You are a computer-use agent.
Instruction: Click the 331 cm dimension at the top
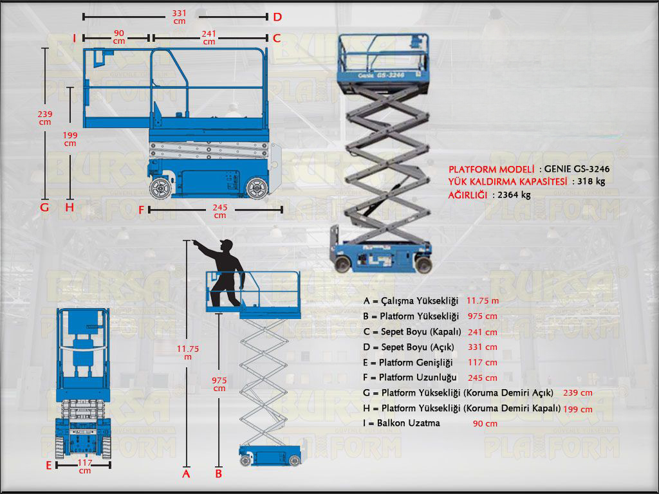(180, 17)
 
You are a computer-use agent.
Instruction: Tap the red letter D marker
(277, 17)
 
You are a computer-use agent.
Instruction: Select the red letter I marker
(75, 39)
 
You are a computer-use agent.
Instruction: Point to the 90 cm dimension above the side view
(119, 37)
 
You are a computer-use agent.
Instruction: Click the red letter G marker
(44, 208)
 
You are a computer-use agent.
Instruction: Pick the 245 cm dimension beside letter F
(220, 211)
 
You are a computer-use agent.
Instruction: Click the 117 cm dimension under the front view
(84, 466)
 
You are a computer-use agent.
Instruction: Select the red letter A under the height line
(186, 474)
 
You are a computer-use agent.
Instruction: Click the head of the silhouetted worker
(225, 247)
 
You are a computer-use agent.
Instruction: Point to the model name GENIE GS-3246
(577, 169)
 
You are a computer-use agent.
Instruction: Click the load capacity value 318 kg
(591, 181)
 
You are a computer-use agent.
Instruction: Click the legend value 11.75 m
(482, 300)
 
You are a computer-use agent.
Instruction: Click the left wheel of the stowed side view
(160, 188)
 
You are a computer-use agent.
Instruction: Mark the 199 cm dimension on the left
(70, 139)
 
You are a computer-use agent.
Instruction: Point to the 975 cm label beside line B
(219, 384)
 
